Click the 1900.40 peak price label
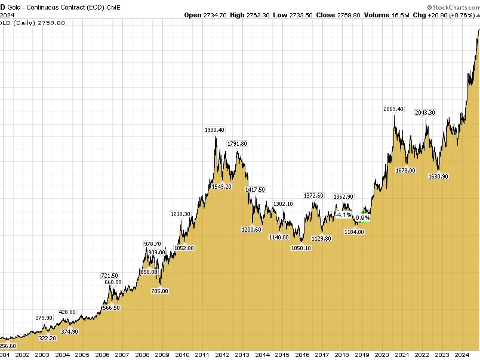pyautogui.click(x=214, y=130)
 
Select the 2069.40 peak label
pyautogui.click(x=393, y=109)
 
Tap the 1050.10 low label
pyautogui.click(x=301, y=248)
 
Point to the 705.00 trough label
pyautogui.click(x=159, y=291)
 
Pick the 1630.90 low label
pyautogui.click(x=438, y=176)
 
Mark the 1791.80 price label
pyautogui.click(x=237, y=143)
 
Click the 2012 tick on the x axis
pyautogui.click(x=222, y=354)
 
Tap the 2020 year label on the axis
pyautogui.click(x=382, y=354)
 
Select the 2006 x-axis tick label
pyautogui.click(x=102, y=354)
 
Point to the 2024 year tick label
pyautogui.click(x=462, y=354)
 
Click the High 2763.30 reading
pyautogui.click(x=248, y=15)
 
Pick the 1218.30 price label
pyautogui.click(x=180, y=214)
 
